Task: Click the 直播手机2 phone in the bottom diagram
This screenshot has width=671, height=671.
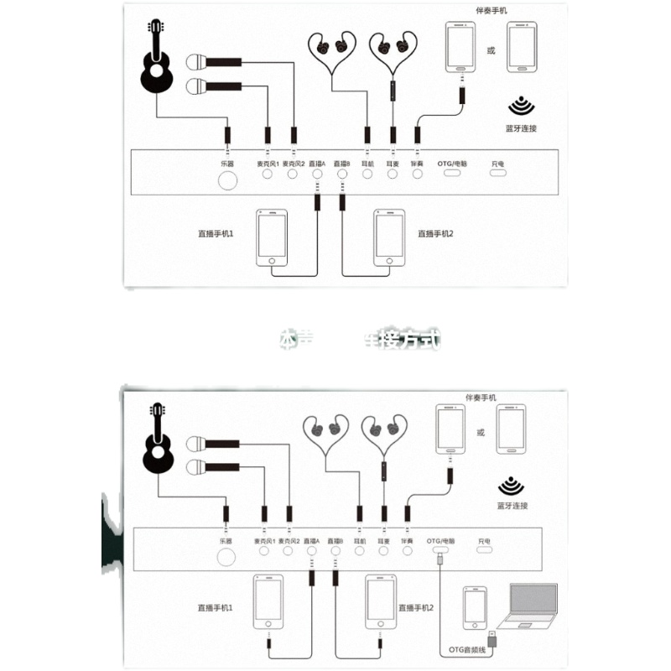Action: (x=382, y=601)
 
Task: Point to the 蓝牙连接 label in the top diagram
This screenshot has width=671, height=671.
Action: (x=521, y=128)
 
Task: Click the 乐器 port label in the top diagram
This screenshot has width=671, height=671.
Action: (x=226, y=163)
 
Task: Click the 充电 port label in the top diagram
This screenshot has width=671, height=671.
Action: (x=498, y=163)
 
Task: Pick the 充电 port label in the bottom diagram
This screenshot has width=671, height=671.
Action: (x=485, y=541)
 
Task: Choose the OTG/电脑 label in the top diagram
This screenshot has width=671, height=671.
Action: (x=453, y=163)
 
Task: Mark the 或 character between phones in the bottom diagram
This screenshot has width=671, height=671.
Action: (x=481, y=433)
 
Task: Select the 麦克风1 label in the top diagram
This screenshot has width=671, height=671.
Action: (x=266, y=163)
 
